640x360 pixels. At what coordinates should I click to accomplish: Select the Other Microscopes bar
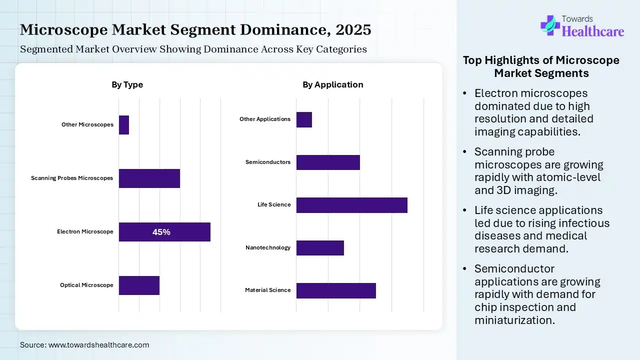(x=124, y=125)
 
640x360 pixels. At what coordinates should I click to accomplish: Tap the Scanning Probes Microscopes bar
(x=149, y=178)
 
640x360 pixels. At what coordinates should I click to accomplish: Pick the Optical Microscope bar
(x=139, y=285)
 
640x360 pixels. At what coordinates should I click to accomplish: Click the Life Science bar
(x=351, y=205)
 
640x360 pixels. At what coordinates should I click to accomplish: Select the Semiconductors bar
(x=328, y=162)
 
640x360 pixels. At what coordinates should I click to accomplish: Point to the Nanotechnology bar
(x=320, y=248)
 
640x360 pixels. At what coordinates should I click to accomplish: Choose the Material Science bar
(x=336, y=290)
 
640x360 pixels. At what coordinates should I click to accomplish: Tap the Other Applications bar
(x=304, y=120)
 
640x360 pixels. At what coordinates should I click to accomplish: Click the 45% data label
(x=161, y=232)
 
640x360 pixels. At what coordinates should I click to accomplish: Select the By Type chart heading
(x=127, y=84)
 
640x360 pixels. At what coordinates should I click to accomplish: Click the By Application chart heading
(x=332, y=84)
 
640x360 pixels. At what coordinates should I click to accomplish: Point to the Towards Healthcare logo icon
(x=550, y=25)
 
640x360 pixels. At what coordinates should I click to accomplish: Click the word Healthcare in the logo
(x=593, y=31)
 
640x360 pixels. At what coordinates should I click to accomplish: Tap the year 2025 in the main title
(x=353, y=30)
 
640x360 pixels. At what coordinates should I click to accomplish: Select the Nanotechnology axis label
(x=268, y=247)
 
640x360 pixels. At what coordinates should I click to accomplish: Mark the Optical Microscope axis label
(x=86, y=285)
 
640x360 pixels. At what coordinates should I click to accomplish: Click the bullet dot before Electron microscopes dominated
(x=465, y=93)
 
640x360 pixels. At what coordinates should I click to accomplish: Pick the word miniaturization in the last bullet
(x=514, y=320)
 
